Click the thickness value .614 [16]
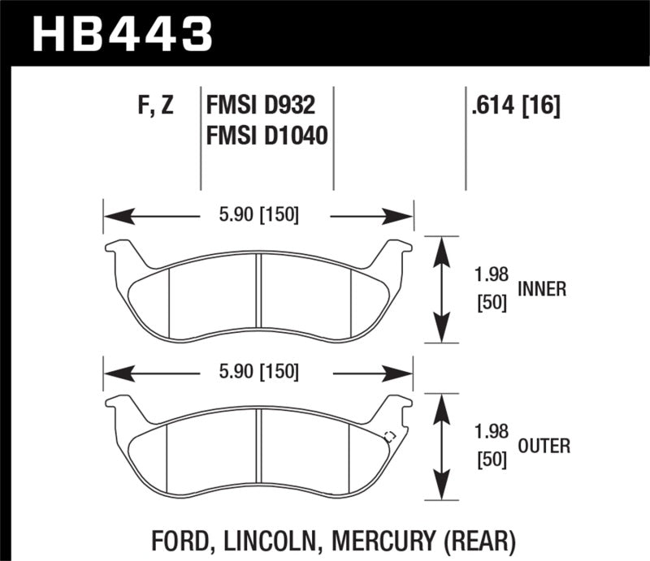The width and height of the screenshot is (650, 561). coord(514,106)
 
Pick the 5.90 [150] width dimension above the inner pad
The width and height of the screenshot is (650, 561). coord(259,215)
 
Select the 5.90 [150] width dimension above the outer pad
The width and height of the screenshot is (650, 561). coord(259,373)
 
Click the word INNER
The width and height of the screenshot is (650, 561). coord(541,289)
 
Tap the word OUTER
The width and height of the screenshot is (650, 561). coord(543,446)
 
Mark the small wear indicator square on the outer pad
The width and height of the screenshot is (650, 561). coord(388,435)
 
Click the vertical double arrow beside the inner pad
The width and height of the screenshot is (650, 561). coord(440,291)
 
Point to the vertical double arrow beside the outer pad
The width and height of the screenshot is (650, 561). coord(440,447)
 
